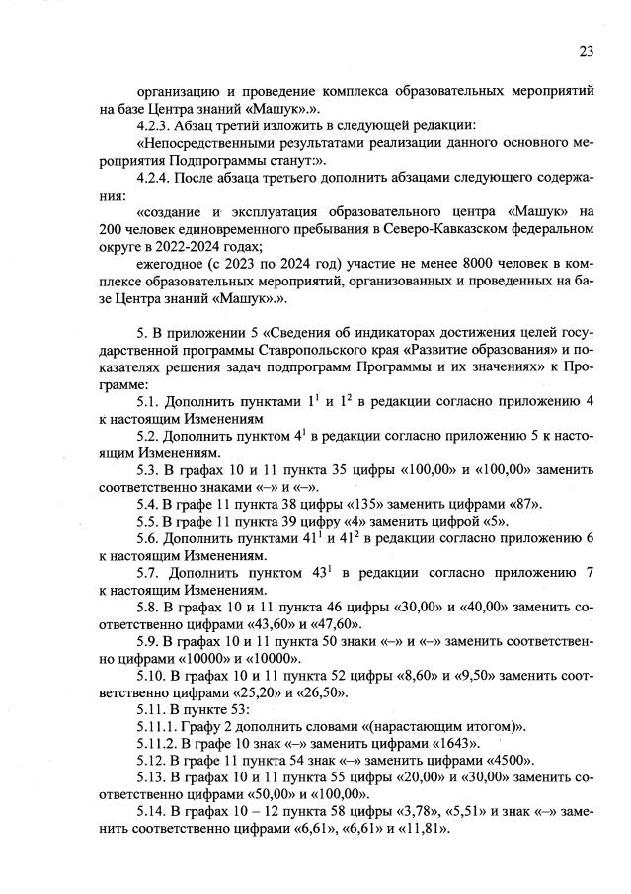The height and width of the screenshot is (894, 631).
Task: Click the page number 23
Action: [x=586, y=50]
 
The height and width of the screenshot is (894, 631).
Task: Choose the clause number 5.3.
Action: [x=148, y=469]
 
